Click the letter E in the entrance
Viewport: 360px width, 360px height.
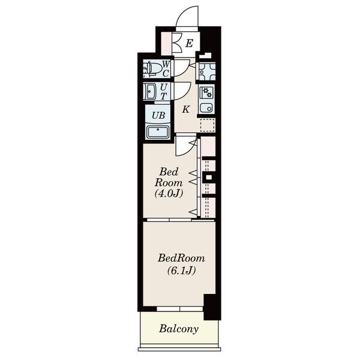click(x=189, y=43)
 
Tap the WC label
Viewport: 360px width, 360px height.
click(x=166, y=68)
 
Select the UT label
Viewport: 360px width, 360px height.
click(x=163, y=91)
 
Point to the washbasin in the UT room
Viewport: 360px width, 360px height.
click(x=151, y=91)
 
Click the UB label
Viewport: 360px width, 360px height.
click(x=158, y=115)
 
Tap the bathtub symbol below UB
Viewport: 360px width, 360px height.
click(x=158, y=132)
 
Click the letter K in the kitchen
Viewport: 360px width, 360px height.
click(x=185, y=110)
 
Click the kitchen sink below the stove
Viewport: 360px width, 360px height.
click(x=206, y=108)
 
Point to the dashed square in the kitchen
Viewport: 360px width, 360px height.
click(x=208, y=125)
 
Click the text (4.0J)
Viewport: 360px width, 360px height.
click(x=169, y=193)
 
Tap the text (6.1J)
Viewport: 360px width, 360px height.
click(x=181, y=271)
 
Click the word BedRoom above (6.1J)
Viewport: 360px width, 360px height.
click(x=181, y=258)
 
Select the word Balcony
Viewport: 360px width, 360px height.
click(x=179, y=329)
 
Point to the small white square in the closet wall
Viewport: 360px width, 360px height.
click(x=209, y=177)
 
